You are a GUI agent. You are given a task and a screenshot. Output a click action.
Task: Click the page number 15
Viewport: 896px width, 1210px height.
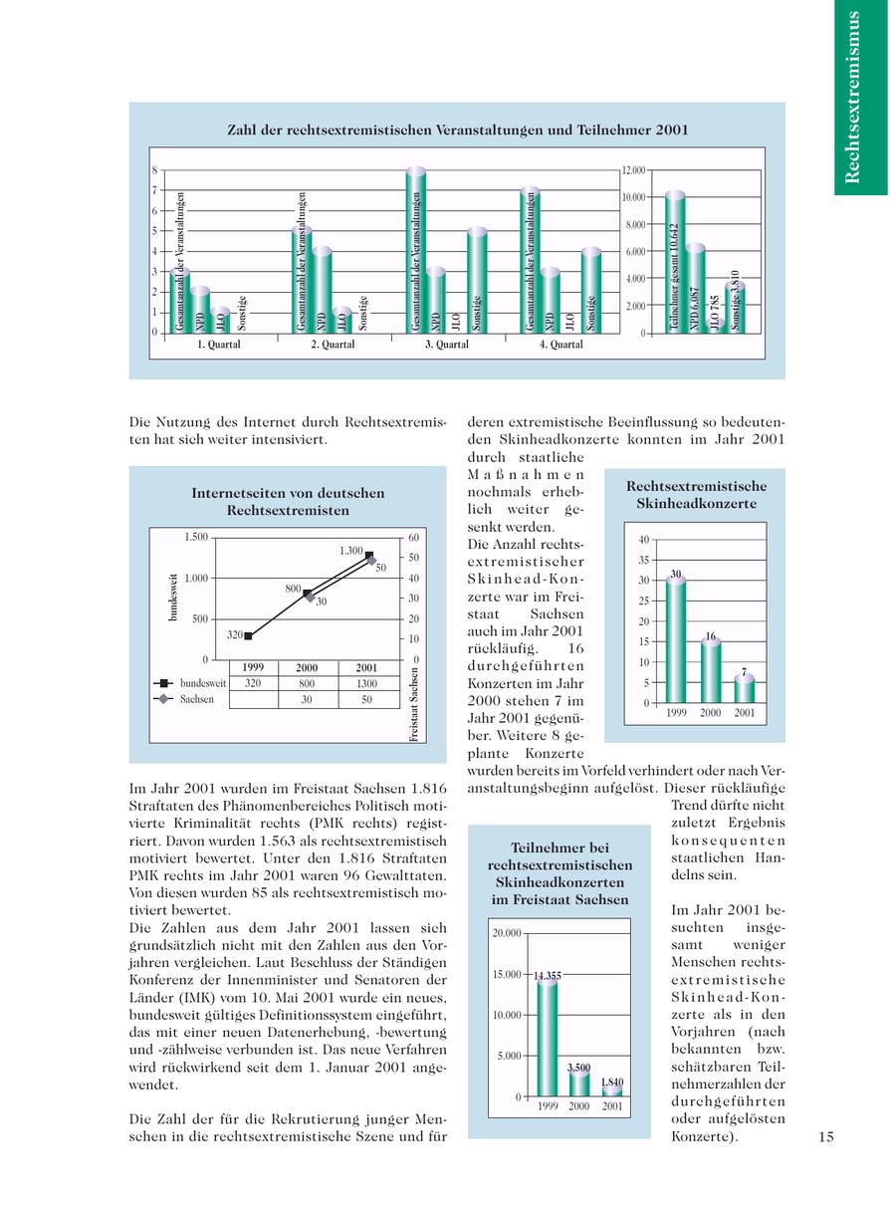(x=826, y=1136)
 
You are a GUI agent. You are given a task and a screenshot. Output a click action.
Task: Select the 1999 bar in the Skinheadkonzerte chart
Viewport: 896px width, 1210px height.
(x=676, y=640)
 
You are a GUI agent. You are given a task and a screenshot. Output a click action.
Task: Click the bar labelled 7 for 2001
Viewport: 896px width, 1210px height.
(x=745, y=688)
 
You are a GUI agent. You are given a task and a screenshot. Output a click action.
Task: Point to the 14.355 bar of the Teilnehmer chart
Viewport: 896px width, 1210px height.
(x=547, y=1036)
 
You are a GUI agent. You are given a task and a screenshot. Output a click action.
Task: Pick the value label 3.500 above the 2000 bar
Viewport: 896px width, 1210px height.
(x=578, y=1068)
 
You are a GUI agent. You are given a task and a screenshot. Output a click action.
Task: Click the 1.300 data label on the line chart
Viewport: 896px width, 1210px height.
(x=351, y=550)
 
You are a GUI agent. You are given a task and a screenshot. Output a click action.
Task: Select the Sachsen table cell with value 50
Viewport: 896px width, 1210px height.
(x=366, y=700)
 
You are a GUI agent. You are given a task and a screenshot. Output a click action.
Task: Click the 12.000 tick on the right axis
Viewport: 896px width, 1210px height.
(x=633, y=170)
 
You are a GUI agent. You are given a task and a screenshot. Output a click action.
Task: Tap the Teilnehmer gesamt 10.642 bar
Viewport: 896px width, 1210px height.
(x=674, y=262)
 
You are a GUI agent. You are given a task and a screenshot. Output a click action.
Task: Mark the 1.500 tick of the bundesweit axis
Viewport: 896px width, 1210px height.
(x=195, y=538)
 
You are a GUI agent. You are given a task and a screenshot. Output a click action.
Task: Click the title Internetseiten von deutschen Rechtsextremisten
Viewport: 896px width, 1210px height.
(x=287, y=501)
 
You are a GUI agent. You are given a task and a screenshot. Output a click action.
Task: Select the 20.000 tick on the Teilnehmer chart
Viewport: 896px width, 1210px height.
(x=506, y=933)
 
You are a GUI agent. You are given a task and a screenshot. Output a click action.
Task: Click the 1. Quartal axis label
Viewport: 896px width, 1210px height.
(x=219, y=345)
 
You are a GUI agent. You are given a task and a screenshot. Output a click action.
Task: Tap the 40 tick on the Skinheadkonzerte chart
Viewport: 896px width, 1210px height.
(x=643, y=539)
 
